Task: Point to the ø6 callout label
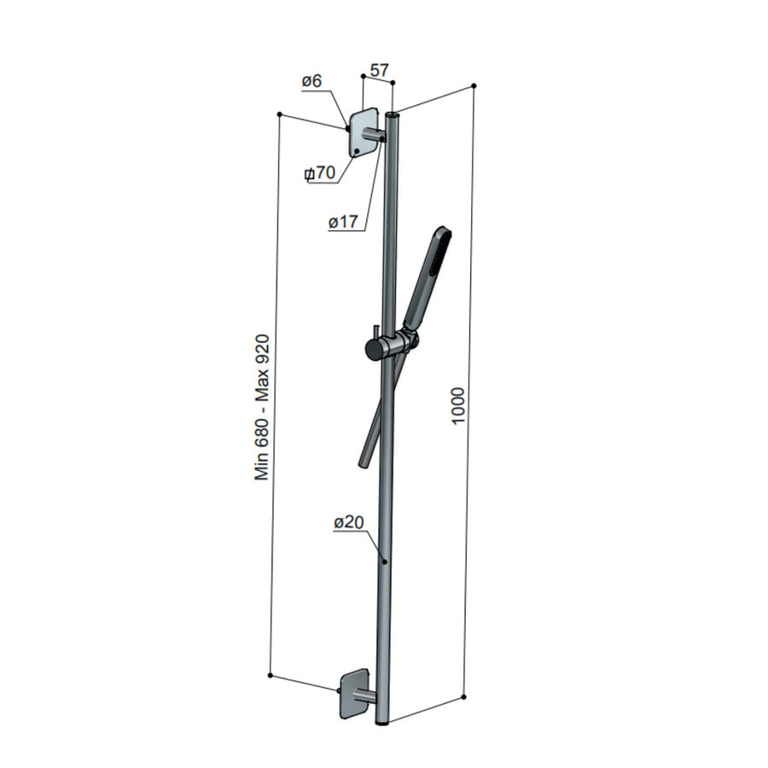coord(311,82)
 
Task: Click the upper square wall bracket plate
coord(362,133)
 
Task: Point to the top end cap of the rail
coord(393,113)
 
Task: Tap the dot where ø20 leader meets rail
coord(385,561)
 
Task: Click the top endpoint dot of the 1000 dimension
coord(474,85)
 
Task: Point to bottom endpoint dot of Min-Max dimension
coord(270,676)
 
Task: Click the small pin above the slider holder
coord(374,330)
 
